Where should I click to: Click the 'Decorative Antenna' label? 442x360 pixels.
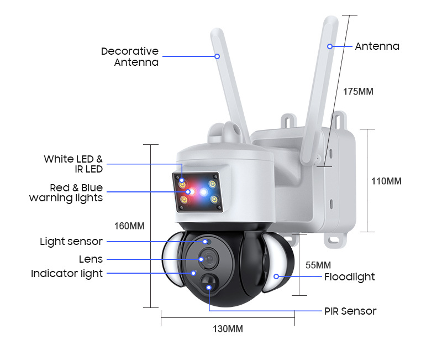[x=129, y=56]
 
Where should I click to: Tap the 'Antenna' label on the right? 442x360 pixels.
[x=377, y=46]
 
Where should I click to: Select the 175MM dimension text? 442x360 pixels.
[x=358, y=91]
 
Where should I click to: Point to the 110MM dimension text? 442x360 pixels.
[x=386, y=181]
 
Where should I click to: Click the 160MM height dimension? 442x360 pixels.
[x=129, y=226]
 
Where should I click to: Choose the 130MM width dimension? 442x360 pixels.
[x=228, y=329]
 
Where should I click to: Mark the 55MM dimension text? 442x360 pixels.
[x=318, y=265]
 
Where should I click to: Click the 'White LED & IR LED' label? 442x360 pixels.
[x=73, y=164]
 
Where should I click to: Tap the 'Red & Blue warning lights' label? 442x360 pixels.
[x=66, y=193]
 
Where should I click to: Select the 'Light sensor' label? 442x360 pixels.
[x=71, y=242]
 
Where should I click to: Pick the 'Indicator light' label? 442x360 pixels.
[x=67, y=273]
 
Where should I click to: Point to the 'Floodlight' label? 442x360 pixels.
[x=349, y=276]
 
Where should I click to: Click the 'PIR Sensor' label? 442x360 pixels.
[x=350, y=311]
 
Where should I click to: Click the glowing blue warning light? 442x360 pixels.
[x=204, y=192]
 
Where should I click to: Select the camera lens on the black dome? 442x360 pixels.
[x=209, y=259]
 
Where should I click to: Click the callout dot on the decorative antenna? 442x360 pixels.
[x=218, y=56]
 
